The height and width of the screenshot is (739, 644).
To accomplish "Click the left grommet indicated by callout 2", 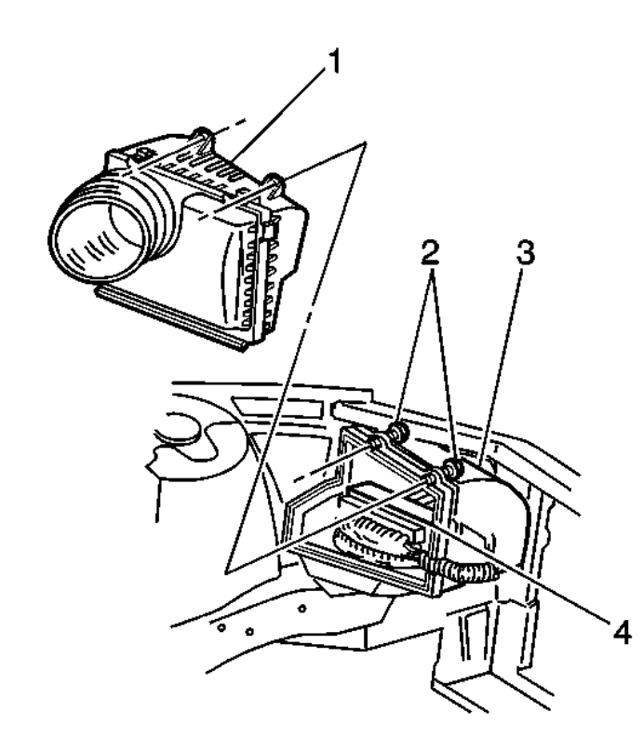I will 400,432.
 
